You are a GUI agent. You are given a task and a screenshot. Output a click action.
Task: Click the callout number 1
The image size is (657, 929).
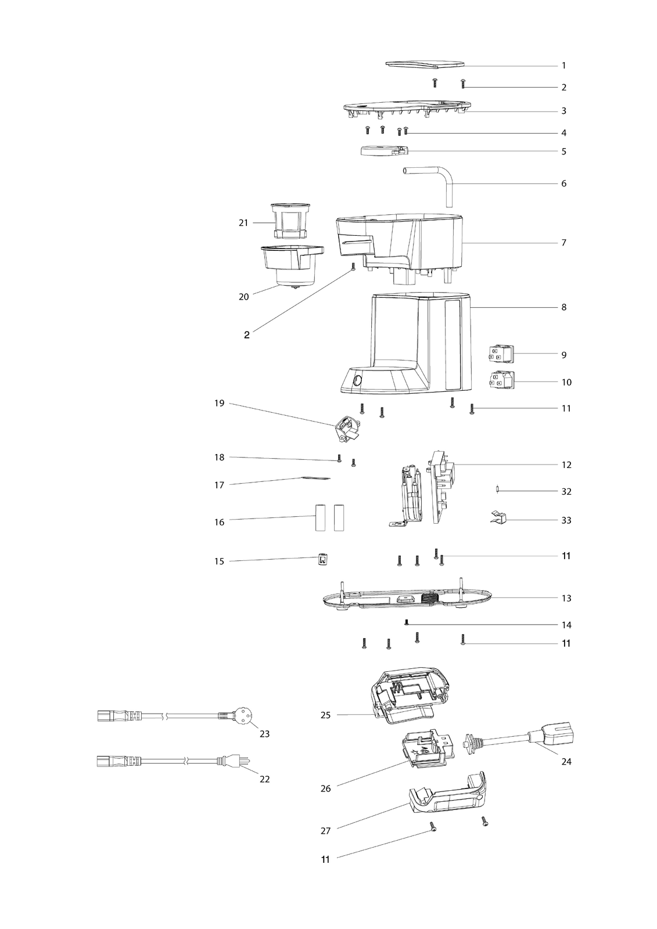point(563,66)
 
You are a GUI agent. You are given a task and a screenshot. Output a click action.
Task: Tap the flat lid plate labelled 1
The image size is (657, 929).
point(425,63)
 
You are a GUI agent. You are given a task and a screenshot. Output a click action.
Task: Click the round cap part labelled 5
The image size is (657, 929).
point(383,150)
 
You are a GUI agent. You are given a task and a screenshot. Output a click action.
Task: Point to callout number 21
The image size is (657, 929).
point(243,223)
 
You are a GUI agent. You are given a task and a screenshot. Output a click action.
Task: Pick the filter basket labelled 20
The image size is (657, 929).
point(292,265)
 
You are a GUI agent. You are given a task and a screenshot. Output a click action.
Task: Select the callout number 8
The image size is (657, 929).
point(563,307)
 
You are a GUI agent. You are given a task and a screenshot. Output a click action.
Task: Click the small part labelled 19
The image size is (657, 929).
point(348,429)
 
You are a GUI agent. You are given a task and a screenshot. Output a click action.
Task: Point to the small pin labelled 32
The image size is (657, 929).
point(497,490)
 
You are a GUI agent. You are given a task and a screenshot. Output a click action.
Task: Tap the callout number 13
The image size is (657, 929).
point(566,598)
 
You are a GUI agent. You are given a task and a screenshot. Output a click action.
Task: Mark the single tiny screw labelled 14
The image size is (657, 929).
point(407,622)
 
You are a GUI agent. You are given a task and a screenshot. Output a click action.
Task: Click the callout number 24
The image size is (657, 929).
point(566,761)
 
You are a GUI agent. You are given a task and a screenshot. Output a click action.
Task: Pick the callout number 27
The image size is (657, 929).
point(325,831)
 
